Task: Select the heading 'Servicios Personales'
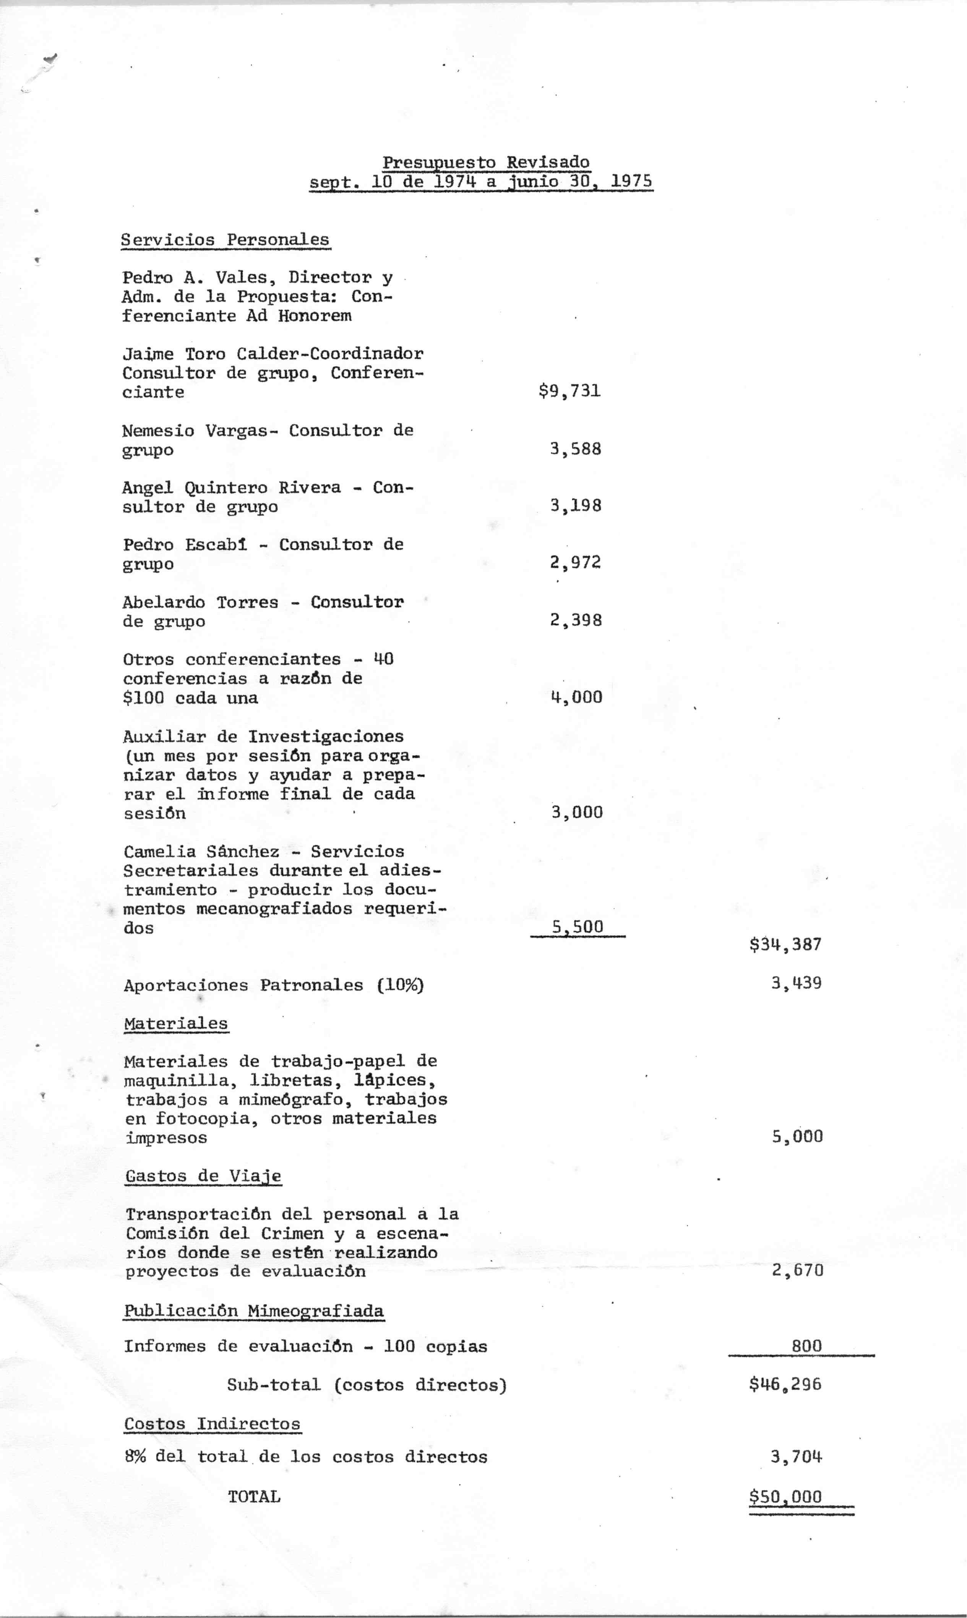[226, 240]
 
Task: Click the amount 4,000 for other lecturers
[577, 697]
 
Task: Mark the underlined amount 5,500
[578, 926]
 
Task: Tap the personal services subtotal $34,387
[785, 944]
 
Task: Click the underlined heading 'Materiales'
[176, 1023]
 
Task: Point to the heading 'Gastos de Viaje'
[203, 1176]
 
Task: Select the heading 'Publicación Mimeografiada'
[254, 1311]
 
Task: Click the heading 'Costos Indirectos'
[213, 1424]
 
